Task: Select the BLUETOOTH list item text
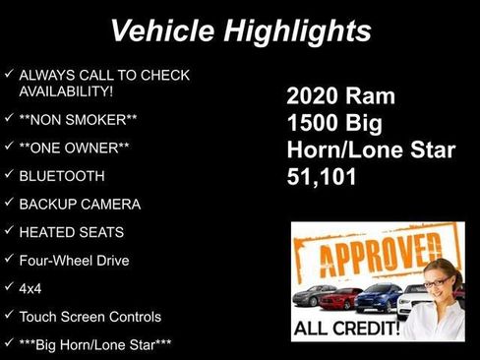(x=61, y=177)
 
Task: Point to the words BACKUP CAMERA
(x=80, y=205)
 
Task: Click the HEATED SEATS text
(x=72, y=232)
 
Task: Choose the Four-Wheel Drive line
(x=74, y=261)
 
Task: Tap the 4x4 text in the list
(x=30, y=289)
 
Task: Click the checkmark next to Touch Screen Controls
(x=9, y=317)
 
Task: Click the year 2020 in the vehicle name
(x=314, y=96)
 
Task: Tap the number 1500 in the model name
(x=315, y=124)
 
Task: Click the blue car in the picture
(x=379, y=296)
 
